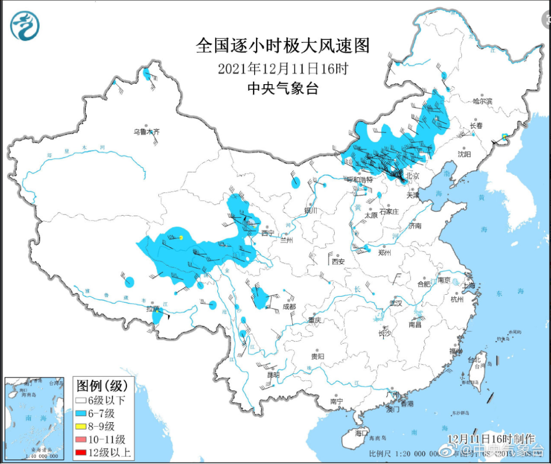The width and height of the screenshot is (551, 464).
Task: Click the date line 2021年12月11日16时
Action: tap(283, 68)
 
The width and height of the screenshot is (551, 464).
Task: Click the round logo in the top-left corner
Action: tap(25, 26)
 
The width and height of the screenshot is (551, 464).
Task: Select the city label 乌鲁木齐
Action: tap(146, 132)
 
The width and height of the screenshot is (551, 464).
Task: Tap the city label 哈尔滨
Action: tap(482, 101)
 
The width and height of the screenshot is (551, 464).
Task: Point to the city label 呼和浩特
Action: tap(360, 180)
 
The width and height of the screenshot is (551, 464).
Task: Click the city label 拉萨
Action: tap(153, 309)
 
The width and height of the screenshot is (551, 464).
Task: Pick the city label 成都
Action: tap(289, 307)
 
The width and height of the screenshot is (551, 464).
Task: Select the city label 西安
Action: tap(338, 262)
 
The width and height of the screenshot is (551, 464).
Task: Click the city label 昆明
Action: tap(273, 375)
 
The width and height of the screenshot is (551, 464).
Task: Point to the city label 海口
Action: tap(361, 433)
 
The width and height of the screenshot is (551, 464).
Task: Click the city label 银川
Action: tap(311, 211)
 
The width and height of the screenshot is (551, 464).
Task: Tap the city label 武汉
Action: tap(395, 303)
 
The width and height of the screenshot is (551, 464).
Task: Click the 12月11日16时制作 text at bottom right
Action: tap(491, 439)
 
